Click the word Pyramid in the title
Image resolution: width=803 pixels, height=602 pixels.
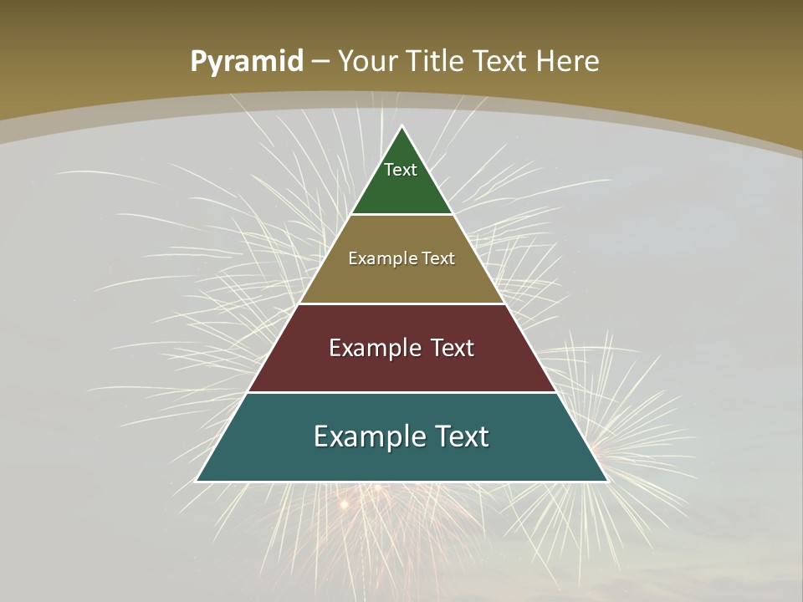[x=246, y=62]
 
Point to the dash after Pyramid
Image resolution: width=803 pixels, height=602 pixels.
[x=320, y=62]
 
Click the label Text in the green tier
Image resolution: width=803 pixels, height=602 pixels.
[x=401, y=170]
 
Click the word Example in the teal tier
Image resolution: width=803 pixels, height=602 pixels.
[x=367, y=436]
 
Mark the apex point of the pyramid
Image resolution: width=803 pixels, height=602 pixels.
[x=402, y=126]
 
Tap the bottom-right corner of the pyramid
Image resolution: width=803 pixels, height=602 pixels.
[x=607, y=481]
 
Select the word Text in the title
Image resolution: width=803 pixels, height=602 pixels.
[x=500, y=61]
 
